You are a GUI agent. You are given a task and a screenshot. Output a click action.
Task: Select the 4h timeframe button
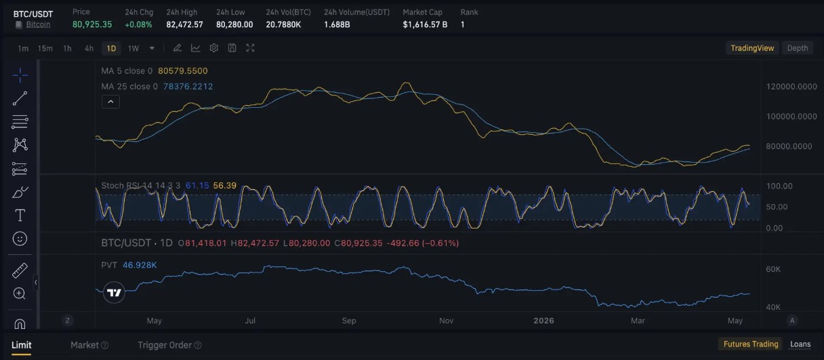pos(89,48)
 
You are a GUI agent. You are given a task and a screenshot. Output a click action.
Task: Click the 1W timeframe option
pos(133,48)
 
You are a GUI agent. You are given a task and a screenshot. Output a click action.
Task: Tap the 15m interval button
pos(45,48)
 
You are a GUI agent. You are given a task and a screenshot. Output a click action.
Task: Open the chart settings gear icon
pos(213,48)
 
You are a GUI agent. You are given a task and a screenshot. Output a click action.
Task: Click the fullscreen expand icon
pos(250,48)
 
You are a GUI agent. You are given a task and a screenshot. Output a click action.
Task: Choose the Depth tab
pos(797,48)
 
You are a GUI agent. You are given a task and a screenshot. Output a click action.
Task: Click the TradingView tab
pos(752,48)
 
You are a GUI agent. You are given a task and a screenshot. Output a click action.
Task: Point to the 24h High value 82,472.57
pos(184,24)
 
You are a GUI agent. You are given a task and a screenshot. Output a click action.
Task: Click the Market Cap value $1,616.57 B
pos(425,24)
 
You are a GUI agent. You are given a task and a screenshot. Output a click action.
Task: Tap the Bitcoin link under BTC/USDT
pos(38,24)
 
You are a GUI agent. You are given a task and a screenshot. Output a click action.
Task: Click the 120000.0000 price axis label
pos(791,87)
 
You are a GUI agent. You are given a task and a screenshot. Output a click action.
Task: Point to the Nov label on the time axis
pos(446,321)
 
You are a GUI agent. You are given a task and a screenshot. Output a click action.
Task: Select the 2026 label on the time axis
pos(543,321)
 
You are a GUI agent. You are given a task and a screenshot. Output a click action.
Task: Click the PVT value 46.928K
pos(140,265)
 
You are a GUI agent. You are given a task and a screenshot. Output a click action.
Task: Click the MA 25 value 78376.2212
pos(188,87)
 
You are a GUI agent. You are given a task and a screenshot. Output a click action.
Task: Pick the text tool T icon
pos(20,216)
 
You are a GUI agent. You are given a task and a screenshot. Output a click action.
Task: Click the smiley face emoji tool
pos(20,239)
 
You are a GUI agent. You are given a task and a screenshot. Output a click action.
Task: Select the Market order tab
pos(85,345)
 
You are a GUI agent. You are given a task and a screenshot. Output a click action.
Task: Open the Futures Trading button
pos(751,344)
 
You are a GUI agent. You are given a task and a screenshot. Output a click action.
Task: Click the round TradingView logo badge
pos(114,293)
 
